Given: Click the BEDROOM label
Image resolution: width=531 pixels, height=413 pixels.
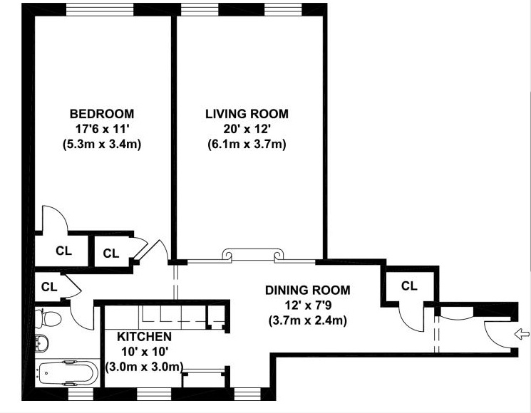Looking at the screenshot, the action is point(102,114).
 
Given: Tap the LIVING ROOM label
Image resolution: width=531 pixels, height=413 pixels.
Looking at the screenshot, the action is point(247,114).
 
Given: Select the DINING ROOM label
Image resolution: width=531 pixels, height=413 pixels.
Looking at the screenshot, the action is point(307,291).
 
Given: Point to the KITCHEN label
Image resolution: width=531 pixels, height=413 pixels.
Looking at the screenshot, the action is point(144,337).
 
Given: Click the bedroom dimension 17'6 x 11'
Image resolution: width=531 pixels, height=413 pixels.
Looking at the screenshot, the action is point(102,129).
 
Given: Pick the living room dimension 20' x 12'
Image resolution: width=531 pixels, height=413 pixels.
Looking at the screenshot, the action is point(247,129).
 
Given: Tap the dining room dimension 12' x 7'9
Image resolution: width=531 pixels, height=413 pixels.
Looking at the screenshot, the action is point(307,305).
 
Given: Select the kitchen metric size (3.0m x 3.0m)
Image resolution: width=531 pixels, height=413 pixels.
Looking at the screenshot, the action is point(144,367).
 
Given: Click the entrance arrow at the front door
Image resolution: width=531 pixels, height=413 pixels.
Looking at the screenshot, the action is point(522,335).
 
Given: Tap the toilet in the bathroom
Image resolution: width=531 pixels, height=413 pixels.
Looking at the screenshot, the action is point(48,318).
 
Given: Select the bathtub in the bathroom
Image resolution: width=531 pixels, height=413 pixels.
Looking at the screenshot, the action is point(68,373).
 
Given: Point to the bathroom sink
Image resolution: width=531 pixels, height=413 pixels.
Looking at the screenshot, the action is point(41,343).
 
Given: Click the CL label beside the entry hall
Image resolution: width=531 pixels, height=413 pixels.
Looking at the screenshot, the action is point(409,286).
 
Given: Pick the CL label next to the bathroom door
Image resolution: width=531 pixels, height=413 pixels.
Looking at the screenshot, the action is point(49,287).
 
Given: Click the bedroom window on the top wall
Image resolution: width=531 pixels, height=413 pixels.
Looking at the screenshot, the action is point(100,9).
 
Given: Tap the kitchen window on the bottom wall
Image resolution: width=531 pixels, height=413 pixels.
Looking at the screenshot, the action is point(154,394).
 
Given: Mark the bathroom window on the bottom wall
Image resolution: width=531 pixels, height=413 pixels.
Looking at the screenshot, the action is point(81,394).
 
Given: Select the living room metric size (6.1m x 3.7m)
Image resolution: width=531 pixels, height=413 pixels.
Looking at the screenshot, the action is point(247,145).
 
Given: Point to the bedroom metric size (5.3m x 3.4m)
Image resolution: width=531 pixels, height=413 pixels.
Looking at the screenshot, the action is point(102,145).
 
